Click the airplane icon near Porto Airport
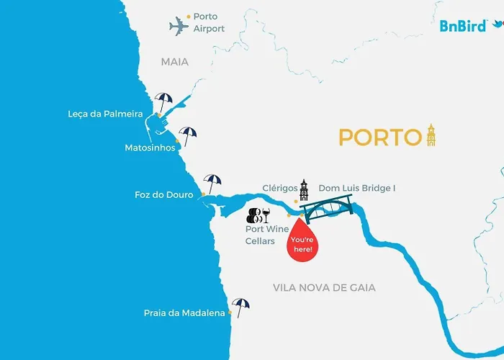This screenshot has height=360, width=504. pyautogui.click(x=179, y=27)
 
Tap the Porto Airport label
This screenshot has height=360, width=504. pyautogui.click(x=209, y=22)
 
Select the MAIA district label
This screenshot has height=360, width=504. pyautogui.click(x=174, y=62)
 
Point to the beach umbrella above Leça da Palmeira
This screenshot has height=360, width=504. pyautogui.click(x=163, y=100)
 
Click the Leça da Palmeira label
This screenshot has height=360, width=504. pyautogui.click(x=109, y=114)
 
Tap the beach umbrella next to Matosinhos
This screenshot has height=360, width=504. pyautogui.click(x=188, y=135)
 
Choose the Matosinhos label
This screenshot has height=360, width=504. pyautogui.click(x=150, y=148)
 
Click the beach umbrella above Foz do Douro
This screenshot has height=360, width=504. pyautogui.click(x=212, y=182)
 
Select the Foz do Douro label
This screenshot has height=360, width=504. pyautogui.click(x=164, y=194)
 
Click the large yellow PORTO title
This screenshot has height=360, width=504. pyautogui.click(x=379, y=137)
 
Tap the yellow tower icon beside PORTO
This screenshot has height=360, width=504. pyautogui.click(x=431, y=134)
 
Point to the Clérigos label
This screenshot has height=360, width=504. pyautogui.click(x=279, y=188)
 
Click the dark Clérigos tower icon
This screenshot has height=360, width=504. pyautogui.click(x=304, y=190)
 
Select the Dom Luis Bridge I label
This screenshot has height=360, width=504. pyautogui.click(x=357, y=188)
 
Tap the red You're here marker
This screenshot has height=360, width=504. pyautogui.click(x=301, y=240)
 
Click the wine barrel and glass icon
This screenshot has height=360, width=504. pyautogui.click(x=258, y=215)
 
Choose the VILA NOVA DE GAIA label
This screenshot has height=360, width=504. pyautogui.click(x=324, y=287)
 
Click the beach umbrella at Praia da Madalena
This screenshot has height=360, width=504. pyautogui.click(x=241, y=307)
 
